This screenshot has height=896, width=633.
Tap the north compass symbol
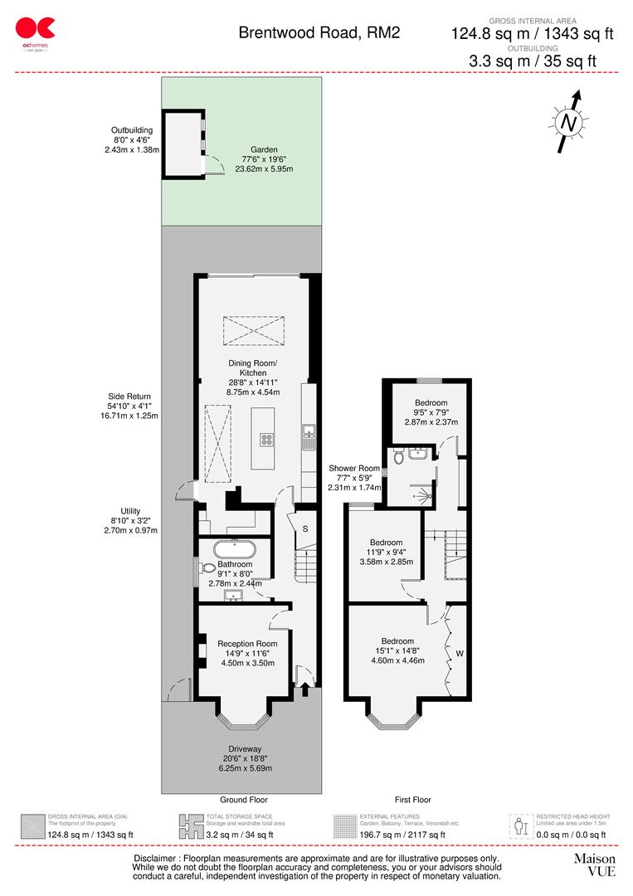pos(568,122)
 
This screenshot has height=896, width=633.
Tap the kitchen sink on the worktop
pos(309,431)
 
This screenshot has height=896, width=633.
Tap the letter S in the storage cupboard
pos(304,528)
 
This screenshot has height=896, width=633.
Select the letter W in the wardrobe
pos(459,653)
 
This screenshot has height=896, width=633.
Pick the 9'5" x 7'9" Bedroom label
pos(431,412)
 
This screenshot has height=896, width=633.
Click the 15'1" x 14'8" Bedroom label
pos(397,650)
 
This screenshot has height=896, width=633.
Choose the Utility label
pos(134,520)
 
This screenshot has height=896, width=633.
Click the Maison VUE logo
pos(595,864)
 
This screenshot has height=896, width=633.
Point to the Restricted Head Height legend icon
pos(521,825)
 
